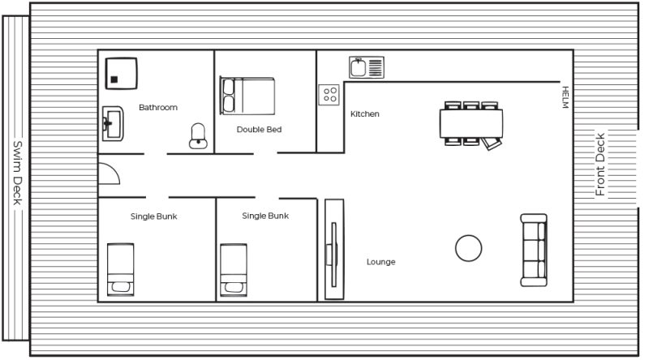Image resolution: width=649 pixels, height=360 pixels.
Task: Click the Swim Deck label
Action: pyautogui.click(x=17, y=173)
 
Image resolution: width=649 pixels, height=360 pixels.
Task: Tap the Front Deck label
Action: pyautogui.click(x=600, y=165)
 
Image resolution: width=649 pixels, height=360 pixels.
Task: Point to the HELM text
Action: pyautogui.click(x=565, y=97)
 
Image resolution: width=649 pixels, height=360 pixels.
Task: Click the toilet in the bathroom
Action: pyautogui.click(x=198, y=135)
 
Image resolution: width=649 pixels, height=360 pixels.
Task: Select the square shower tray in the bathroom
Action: pyautogui.click(x=121, y=73)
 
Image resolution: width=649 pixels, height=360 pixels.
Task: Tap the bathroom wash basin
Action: pyautogui.click(x=113, y=123)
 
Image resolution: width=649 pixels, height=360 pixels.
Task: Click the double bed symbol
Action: pyautogui.click(x=247, y=96)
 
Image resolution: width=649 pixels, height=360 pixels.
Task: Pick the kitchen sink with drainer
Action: pyautogui.click(x=367, y=67)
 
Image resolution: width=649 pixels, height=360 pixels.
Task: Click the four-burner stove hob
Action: pyautogui.click(x=329, y=94)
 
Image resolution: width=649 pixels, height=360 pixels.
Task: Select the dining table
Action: pyautogui.click(x=471, y=123)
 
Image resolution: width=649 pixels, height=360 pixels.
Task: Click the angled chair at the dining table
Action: pyautogui.click(x=492, y=144)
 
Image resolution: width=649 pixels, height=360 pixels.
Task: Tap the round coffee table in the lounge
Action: pyautogui.click(x=469, y=248)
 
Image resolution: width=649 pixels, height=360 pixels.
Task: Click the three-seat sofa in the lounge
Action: pyautogui.click(x=534, y=251)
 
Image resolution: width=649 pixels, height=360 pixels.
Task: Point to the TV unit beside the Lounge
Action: pyautogui.click(x=334, y=249)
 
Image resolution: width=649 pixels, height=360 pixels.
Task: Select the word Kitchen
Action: pyautogui.click(x=364, y=114)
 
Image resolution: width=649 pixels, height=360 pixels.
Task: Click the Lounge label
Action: pyautogui.click(x=380, y=262)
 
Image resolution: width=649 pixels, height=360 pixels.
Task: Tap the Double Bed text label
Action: pyautogui.click(x=259, y=130)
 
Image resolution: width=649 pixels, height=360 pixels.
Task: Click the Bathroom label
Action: pyautogui.click(x=158, y=108)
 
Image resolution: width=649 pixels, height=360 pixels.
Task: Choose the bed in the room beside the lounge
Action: pyautogui.click(x=234, y=270)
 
